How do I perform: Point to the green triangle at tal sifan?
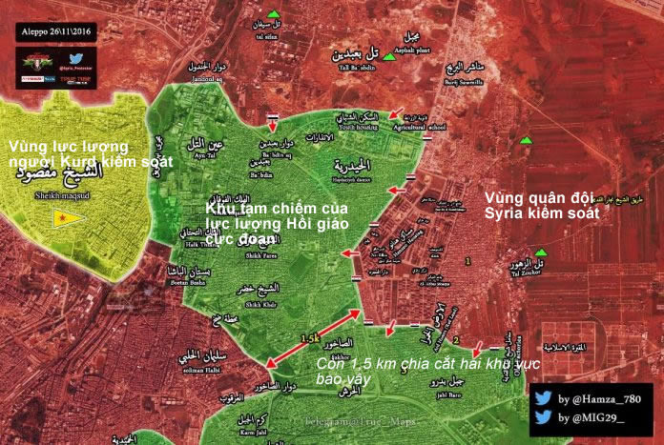coord(274,14)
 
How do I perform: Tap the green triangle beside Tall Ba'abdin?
coord(389,58)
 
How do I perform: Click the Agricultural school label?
coord(424,126)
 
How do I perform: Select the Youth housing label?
coord(333,126)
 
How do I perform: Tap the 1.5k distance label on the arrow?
coord(309,338)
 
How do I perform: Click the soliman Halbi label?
coord(192,370)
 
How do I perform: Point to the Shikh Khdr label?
coord(261,304)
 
